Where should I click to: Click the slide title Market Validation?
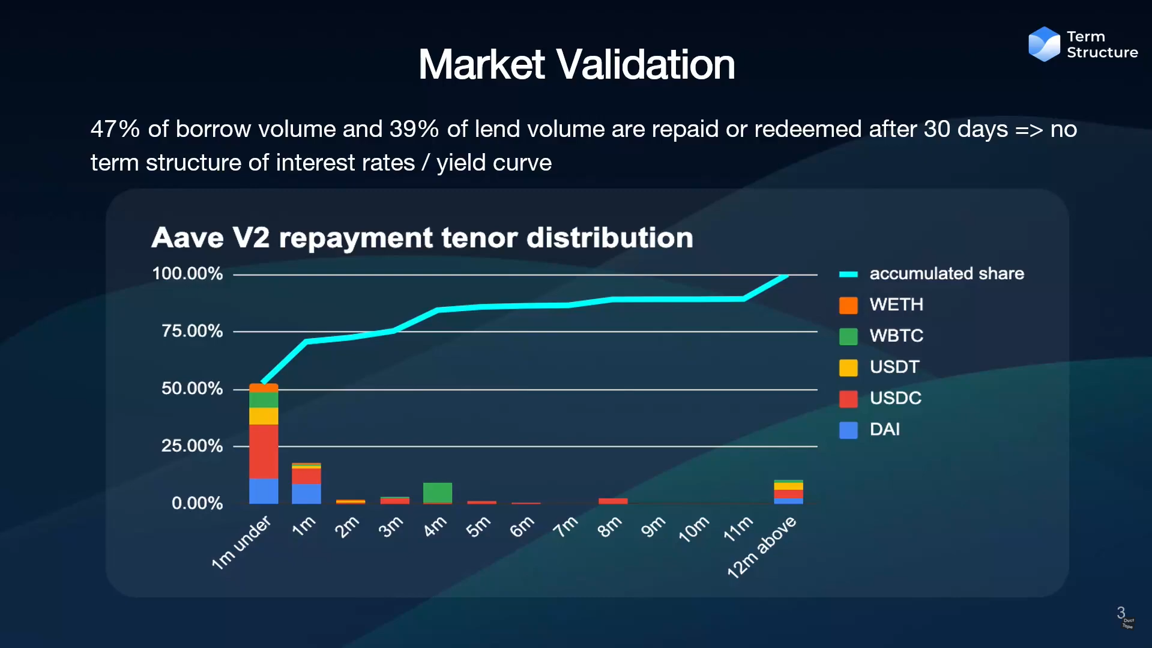click(576, 64)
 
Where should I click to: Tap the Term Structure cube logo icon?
click(1044, 44)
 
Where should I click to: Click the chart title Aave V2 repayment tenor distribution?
click(422, 238)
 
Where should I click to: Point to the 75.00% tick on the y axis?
click(192, 331)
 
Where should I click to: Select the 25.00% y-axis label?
click(192, 446)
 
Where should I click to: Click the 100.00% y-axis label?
click(187, 274)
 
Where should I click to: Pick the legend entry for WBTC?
click(896, 336)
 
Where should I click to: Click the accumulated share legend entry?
click(946, 274)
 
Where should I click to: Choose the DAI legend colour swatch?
click(848, 430)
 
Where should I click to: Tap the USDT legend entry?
click(894, 367)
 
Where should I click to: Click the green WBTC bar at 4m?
click(438, 492)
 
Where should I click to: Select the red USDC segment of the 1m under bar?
click(264, 451)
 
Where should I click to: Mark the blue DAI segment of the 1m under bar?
click(264, 491)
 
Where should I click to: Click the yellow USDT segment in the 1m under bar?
click(264, 416)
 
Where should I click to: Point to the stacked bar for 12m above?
click(788, 492)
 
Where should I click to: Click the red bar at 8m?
click(613, 501)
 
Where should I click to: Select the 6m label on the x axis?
click(522, 527)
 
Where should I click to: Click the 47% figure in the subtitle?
click(115, 129)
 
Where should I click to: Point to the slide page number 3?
click(1120, 613)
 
